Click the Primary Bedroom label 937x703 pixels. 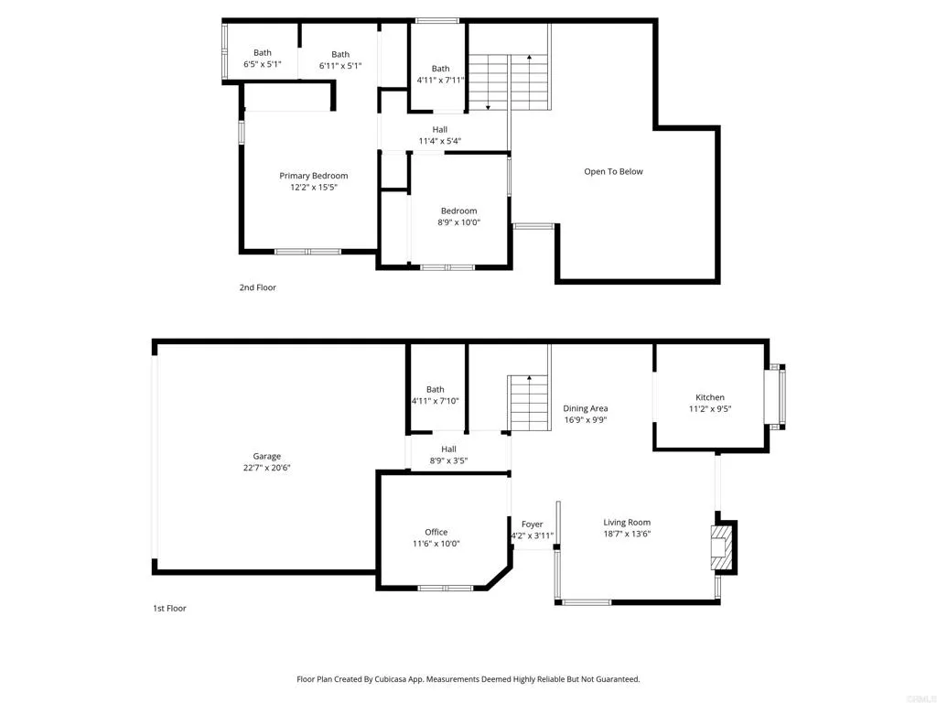tap(313, 176)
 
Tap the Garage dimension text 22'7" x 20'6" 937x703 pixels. tap(266, 468)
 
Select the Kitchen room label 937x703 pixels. tap(710, 397)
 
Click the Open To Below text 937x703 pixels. tap(613, 171)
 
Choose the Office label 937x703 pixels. tap(436, 532)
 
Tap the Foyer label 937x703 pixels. tap(532, 525)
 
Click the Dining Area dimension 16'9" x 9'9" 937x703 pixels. tap(586, 420)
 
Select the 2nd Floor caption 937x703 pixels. tap(257, 287)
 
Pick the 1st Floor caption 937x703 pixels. tap(169, 609)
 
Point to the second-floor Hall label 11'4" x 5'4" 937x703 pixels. tap(440, 135)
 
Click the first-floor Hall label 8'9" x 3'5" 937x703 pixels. tap(448, 455)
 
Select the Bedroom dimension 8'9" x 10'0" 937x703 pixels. tap(459, 222)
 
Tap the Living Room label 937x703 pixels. tap(627, 523)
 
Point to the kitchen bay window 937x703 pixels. tap(775, 397)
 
